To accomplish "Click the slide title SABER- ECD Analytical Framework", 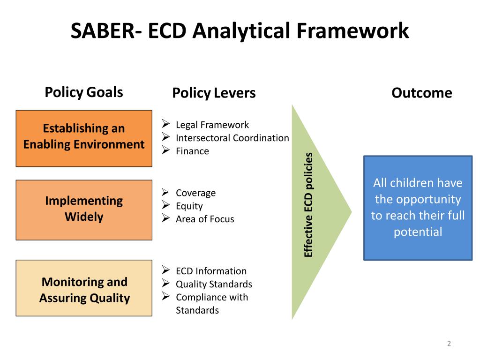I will click(240, 32).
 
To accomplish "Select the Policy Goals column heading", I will click(84, 92).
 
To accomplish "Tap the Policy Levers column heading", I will click(214, 93).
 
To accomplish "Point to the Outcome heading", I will click(421, 93).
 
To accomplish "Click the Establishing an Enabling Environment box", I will click(84, 138).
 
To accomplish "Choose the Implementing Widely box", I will click(84, 210).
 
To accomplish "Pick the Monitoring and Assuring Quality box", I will click(84, 288).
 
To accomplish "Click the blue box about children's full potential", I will click(418, 208).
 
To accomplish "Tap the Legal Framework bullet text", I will click(212, 125).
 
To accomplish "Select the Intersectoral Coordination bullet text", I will click(232, 138).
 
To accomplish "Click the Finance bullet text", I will click(192, 151).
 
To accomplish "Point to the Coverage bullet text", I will click(195, 193).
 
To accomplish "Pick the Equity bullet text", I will click(189, 206).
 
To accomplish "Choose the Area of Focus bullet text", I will click(205, 219).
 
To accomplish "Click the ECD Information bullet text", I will click(211, 271).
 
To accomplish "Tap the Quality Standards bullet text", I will click(214, 284).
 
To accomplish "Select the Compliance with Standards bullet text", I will click(212, 303).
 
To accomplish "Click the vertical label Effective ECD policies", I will click(308, 205).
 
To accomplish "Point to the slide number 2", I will click(449, 344).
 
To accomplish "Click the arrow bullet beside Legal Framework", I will click(165, 124).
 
